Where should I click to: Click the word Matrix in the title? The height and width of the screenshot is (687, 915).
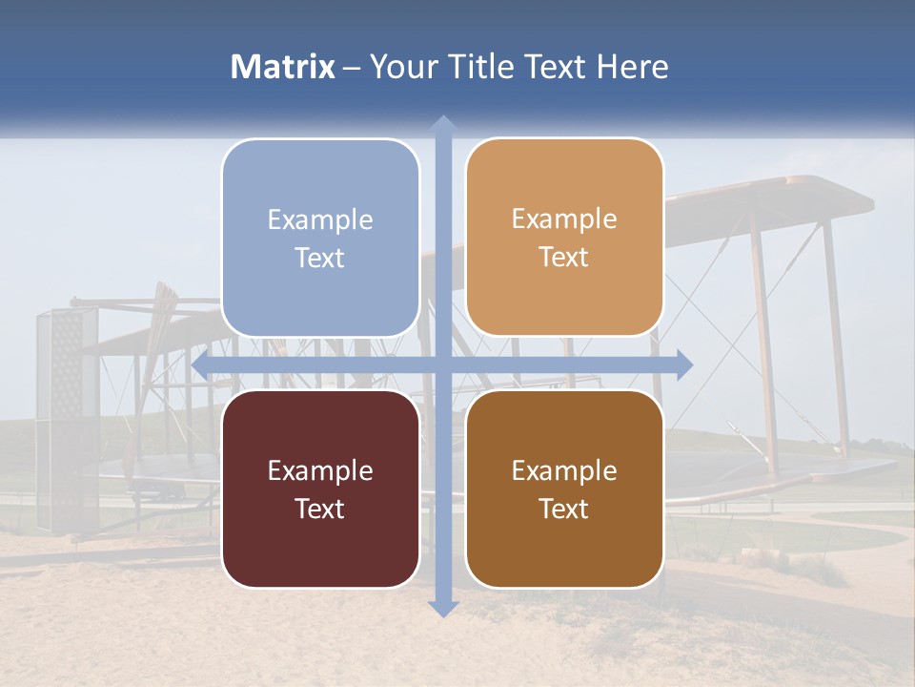click(283, 67)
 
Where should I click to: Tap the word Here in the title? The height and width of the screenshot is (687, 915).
click(632, 67)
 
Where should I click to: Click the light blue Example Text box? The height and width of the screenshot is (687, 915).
click(320, 239)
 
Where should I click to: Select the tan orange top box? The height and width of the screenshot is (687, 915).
click(564, 238)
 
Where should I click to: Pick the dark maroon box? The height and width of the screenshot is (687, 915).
click(320, 489)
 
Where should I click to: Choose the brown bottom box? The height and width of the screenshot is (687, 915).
click(564, 489)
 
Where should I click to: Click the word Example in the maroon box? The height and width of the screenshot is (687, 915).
click(320, 470)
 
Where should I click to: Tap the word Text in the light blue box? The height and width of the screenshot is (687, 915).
click(320, 259)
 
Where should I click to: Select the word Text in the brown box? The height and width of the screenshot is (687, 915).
click(564, 509)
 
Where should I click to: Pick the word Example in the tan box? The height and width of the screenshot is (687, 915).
click(564, 219)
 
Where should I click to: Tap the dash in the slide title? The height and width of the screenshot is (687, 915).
click(352, 68)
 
